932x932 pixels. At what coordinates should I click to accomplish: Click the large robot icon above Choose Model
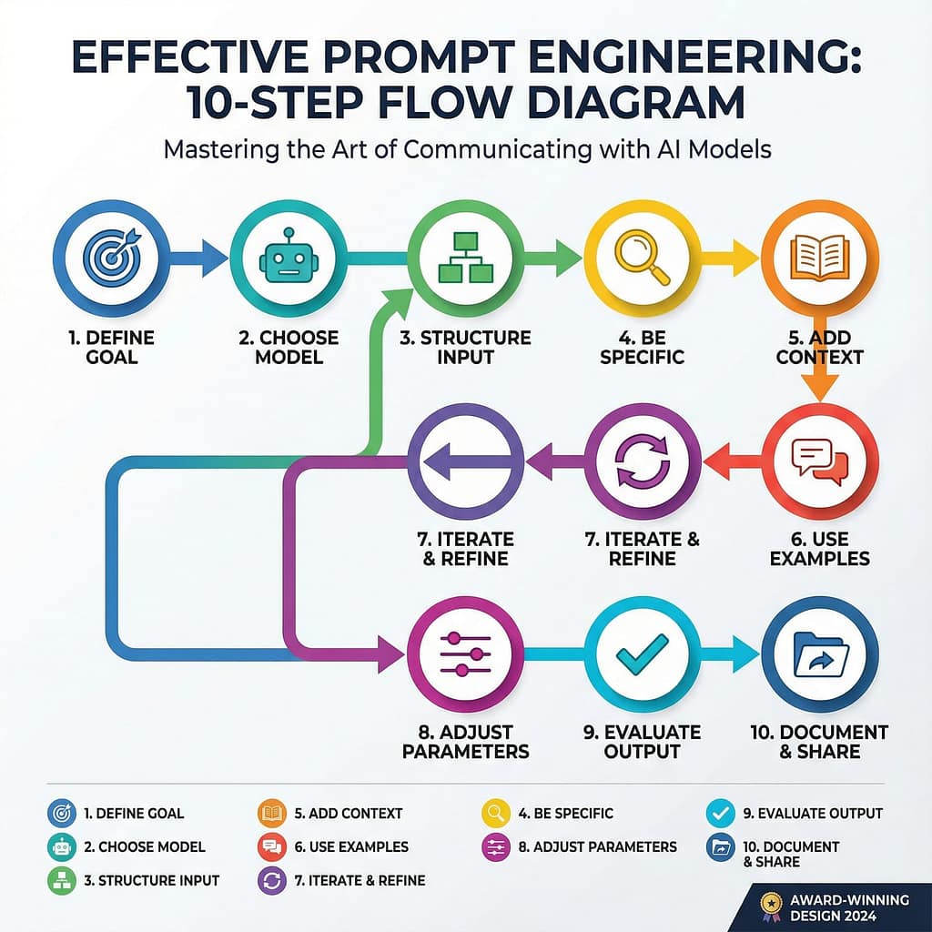coord(288,259)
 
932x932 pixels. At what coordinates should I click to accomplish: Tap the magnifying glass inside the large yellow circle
coord(642,258)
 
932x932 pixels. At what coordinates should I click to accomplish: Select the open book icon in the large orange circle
coord(818,258)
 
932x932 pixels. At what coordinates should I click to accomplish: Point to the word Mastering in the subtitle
coord(219,148)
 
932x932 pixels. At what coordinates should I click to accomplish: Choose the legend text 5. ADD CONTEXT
coord(348,813)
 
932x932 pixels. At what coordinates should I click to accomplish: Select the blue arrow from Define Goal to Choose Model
coord(201,258)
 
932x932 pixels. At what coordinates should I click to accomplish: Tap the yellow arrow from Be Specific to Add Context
coord(733,258)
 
